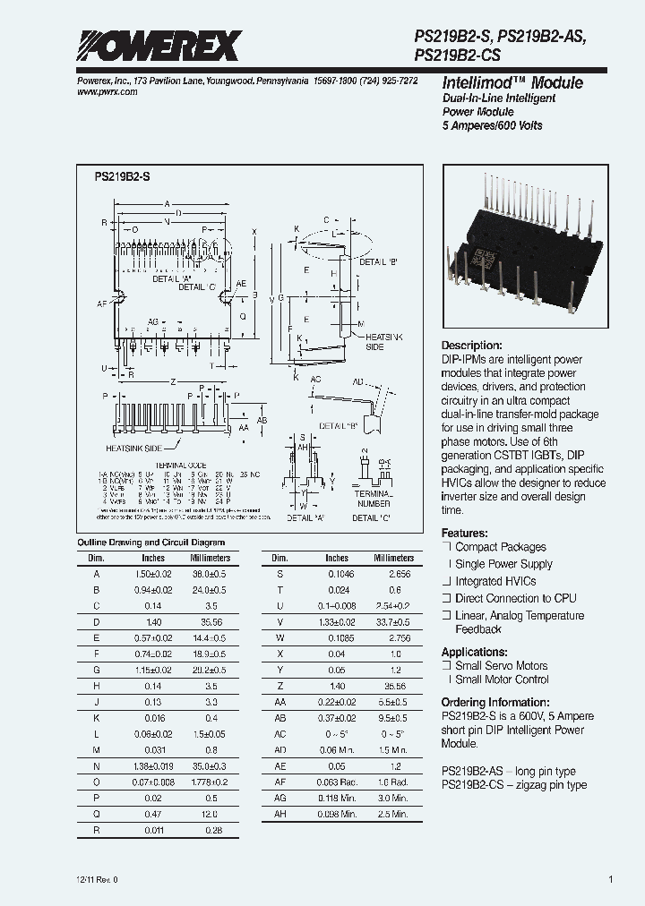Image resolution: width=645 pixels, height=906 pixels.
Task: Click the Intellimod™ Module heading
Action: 512,82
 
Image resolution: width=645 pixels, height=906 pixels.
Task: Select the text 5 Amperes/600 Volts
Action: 492,126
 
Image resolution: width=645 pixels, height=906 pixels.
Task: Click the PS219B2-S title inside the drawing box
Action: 123,177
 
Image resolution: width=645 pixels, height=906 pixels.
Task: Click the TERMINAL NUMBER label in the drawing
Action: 373,499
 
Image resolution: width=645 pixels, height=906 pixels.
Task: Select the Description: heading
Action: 472,346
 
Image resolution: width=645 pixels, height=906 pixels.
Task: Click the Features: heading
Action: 465,531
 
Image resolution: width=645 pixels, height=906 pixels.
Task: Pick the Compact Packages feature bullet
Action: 500,547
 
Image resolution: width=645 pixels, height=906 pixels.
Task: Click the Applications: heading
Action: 474,652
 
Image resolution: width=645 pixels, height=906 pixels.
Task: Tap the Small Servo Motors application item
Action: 501,666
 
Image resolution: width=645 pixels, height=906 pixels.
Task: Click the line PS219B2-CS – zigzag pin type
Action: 514,784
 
